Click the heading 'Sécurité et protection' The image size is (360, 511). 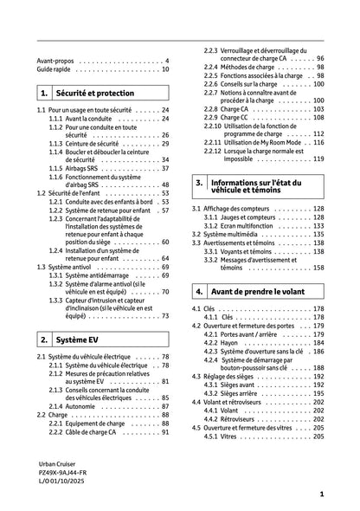(91, 91)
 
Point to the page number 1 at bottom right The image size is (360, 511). (321, 493)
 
